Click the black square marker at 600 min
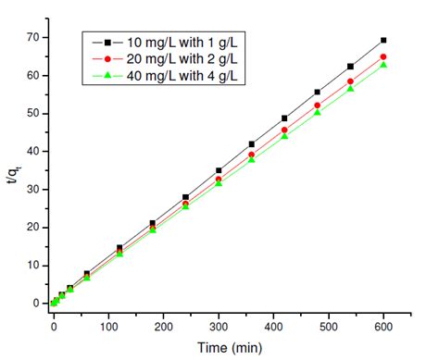click(x=383, y=40)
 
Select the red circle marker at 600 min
click(x=383, y=56)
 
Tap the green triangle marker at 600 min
click(x=383, y=65)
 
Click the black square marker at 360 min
click(x=251, y=144)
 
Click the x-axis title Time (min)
click(x=220, y=346)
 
